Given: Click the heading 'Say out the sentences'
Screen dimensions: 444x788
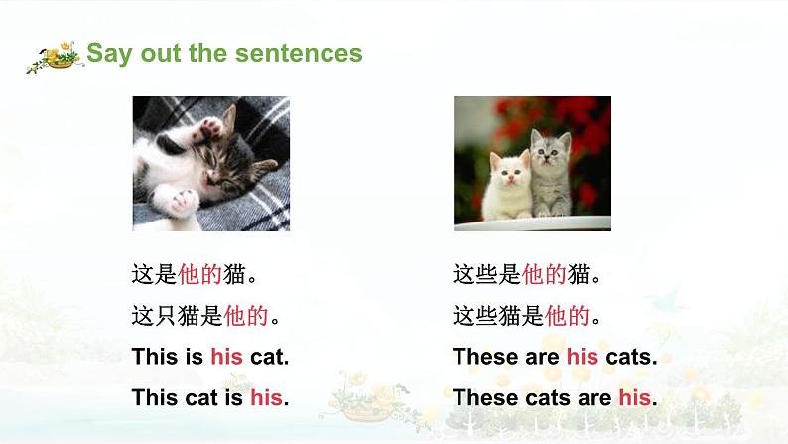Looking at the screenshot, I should coord(224,53).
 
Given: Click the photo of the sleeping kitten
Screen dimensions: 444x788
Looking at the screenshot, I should coord(210,163).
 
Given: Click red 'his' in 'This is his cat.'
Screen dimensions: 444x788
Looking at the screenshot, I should coord(226,357).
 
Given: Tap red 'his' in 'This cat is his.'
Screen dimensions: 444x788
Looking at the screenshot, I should coord(266,398).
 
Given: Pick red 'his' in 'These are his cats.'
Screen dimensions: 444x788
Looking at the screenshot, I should coord(583,357).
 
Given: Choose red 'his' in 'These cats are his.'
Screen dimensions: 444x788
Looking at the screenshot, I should coord(634,398).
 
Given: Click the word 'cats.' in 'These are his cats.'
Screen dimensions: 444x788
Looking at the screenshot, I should coord(630,357).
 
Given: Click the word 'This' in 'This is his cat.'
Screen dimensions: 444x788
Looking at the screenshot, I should coord(154,357).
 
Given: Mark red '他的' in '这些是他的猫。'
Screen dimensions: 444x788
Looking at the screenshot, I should coord(545,273).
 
